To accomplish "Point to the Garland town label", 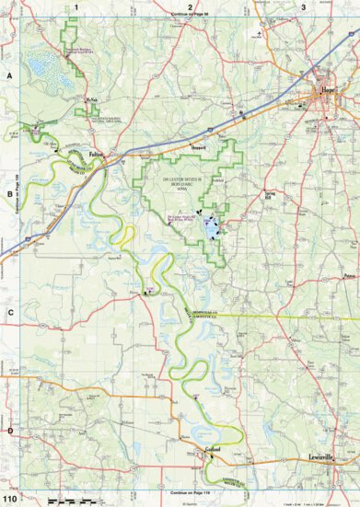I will [212, 452].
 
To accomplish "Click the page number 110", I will [9, 499].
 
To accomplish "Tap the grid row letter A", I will [8, 75].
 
